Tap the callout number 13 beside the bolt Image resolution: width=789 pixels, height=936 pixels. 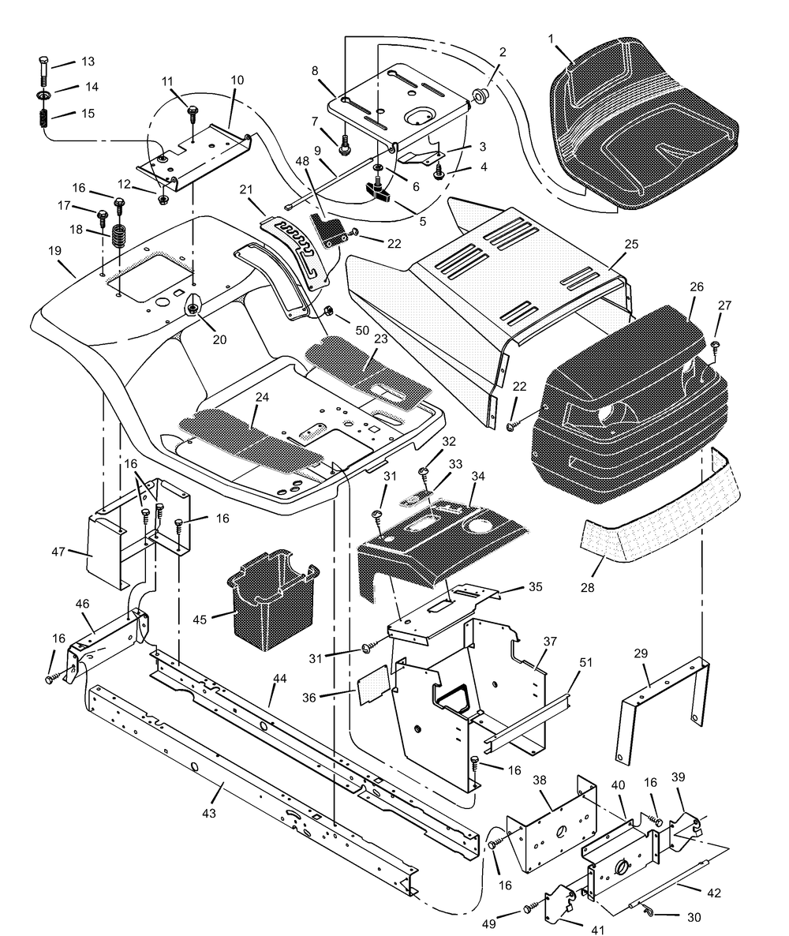(88, 62)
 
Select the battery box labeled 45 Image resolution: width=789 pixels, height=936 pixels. (271, 602)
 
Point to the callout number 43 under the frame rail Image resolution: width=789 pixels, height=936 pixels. (209, 813)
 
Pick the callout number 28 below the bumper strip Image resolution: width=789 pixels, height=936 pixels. (587, 587)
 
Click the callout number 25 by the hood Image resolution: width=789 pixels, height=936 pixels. (631, 244)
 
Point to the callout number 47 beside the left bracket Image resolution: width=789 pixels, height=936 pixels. (58, 552)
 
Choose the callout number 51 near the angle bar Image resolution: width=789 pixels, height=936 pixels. (586, 662)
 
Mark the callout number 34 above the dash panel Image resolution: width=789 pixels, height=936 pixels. (478, 476)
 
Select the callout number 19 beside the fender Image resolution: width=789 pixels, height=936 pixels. (54, 251)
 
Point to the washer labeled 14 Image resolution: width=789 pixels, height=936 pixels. (43, 95)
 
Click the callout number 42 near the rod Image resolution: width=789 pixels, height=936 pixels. (714, 893)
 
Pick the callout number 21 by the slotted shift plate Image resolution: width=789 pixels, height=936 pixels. (246, 189)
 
